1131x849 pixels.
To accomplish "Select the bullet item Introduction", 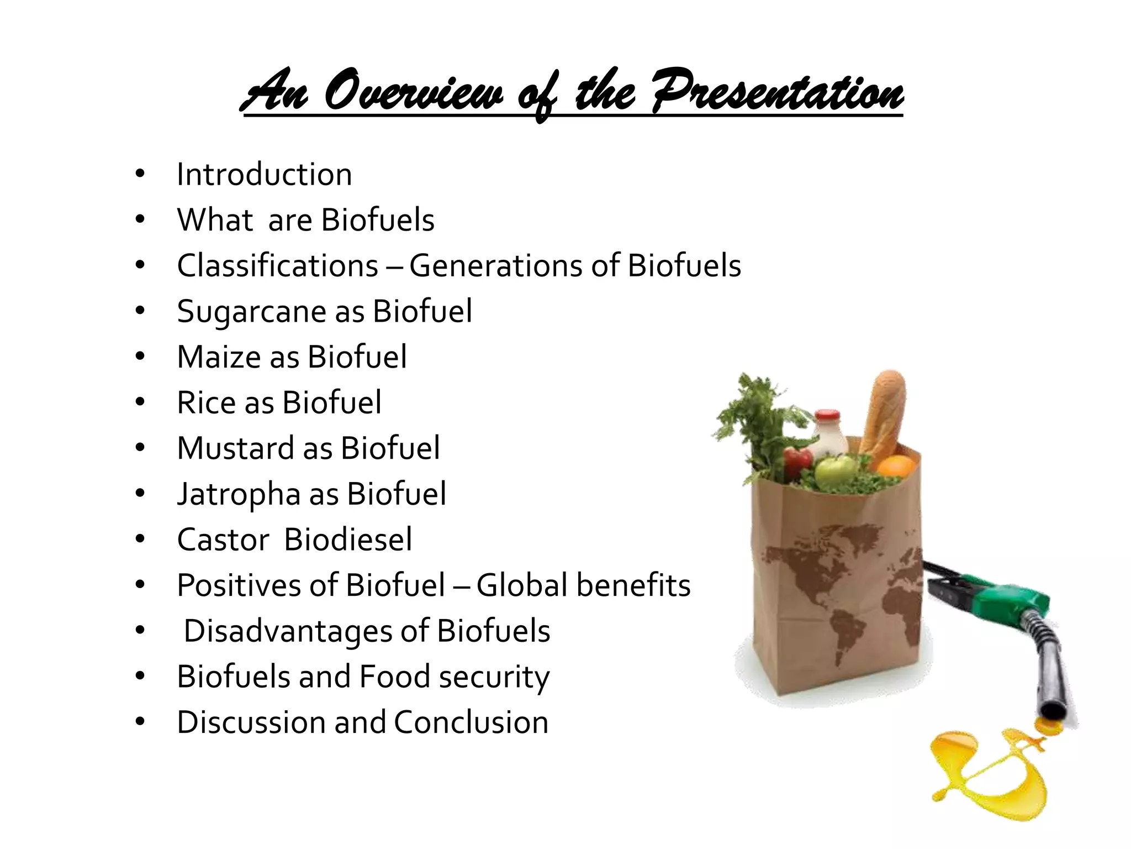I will point(264,175).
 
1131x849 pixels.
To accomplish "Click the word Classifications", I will point(277,266).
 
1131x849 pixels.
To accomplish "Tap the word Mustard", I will point(235,448).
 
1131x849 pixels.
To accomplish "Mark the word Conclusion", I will point(471,722).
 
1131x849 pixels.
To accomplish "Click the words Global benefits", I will point(583,585).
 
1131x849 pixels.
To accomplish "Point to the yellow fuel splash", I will point(989,774).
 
